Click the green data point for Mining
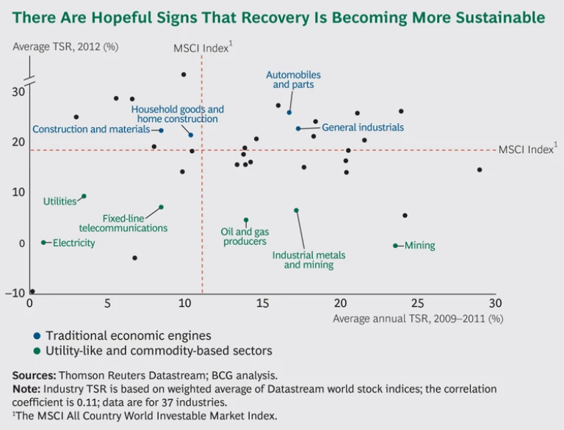pos(395,246)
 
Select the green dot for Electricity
pos(43,242)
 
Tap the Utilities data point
pos(84,196)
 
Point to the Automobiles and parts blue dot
pos(289,112)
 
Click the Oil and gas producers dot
pos(246,220)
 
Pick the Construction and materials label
pos(90,130)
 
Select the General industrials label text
pos(363,127)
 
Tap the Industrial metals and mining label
pos(308,260)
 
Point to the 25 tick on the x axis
pos(417,303)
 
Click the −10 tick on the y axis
pos(15,294)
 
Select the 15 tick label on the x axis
pos(262,303)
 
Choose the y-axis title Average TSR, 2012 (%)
pos(65,47)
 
